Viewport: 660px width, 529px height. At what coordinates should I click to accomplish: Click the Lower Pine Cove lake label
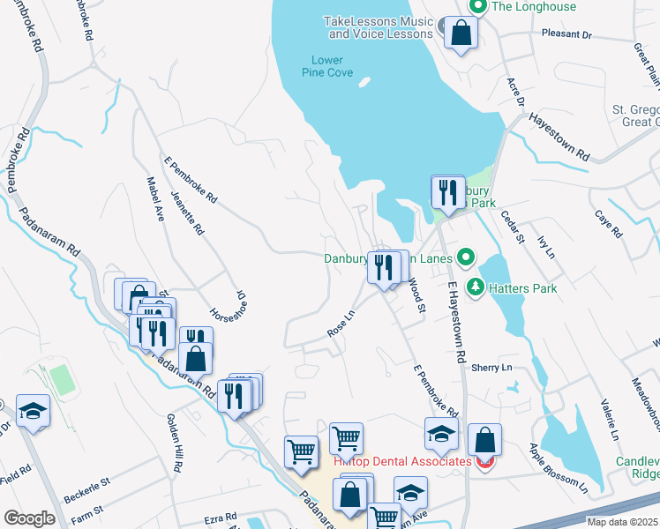pos(326,67)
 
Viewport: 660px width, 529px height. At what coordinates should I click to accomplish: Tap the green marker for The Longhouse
pos(478,7)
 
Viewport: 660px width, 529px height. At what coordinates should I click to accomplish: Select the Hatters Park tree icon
pos(476,287)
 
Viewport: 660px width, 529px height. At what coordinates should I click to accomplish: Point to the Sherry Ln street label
pos(491,367)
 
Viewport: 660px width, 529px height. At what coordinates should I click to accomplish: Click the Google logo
pos(29,518)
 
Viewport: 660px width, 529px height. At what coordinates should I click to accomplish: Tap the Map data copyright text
pos(622,522)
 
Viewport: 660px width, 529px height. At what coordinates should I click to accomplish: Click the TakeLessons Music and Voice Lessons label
pos(380,27)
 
